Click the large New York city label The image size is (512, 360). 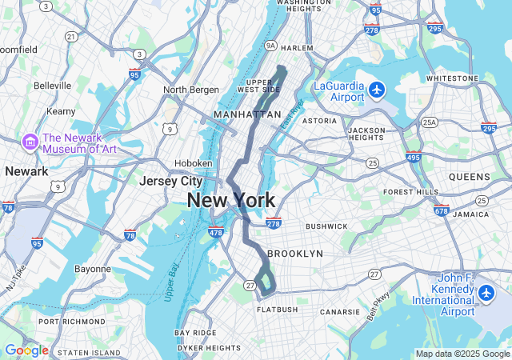[231, 201]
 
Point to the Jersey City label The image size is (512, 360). [170, 181]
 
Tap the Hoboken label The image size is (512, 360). [194, 162]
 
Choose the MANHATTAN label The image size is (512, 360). [246, 115]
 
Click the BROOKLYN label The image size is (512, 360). [295, 254]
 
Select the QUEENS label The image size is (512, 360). [470, 177]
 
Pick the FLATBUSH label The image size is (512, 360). [278, 310]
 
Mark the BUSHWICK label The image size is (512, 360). [326, 226]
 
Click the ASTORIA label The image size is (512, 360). [319, 121]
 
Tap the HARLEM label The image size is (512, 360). [297, 48]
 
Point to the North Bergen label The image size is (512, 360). [191, 90]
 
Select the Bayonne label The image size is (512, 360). [93, 269]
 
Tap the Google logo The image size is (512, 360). [26, 350]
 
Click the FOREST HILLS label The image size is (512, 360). [411, 192]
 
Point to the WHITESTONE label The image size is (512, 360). [452, 78]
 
